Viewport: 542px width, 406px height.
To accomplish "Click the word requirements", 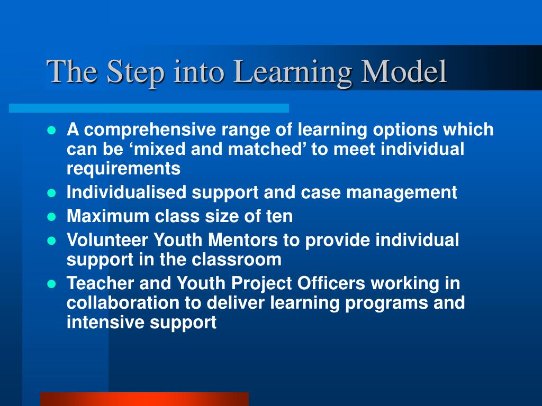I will coord(123,169).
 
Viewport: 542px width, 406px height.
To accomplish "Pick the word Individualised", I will coord(127,192).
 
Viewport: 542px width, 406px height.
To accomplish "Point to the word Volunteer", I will coord(107,240).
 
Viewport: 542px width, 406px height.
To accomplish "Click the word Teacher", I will coord(101,283).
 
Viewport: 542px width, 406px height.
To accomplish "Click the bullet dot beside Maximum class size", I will coord(52,216).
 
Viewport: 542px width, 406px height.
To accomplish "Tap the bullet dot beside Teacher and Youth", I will coord(52,283).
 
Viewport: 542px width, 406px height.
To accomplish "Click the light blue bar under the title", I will coord(149,108).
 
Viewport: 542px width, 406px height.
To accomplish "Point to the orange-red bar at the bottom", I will coord(144,399).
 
